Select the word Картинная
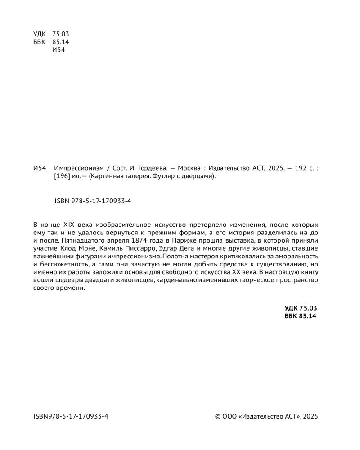(x=106, y=176)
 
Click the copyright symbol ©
(x=218, y=416)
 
